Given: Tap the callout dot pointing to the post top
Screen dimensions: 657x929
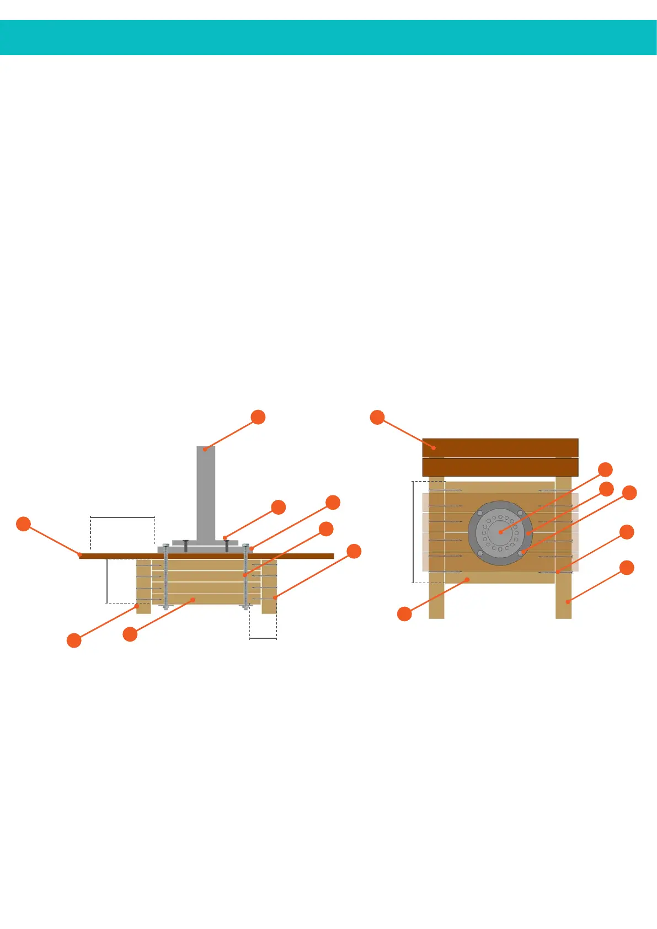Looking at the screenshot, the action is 258,417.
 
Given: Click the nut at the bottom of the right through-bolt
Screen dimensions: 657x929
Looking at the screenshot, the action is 246,607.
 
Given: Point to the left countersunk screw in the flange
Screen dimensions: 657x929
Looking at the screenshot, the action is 185,546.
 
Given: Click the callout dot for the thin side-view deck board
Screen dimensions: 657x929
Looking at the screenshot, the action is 23,524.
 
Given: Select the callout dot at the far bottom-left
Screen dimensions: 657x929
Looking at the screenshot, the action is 74,640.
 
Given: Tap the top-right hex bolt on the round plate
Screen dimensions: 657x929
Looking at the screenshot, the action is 520,513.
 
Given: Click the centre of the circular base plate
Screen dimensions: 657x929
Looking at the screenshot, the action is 500,533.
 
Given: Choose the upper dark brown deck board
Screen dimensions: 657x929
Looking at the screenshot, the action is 500,447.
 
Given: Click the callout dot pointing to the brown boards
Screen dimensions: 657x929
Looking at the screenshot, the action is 377,417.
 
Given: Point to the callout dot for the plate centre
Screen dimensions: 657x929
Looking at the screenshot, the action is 605,469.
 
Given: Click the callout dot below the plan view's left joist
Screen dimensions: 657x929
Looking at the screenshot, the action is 404,613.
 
